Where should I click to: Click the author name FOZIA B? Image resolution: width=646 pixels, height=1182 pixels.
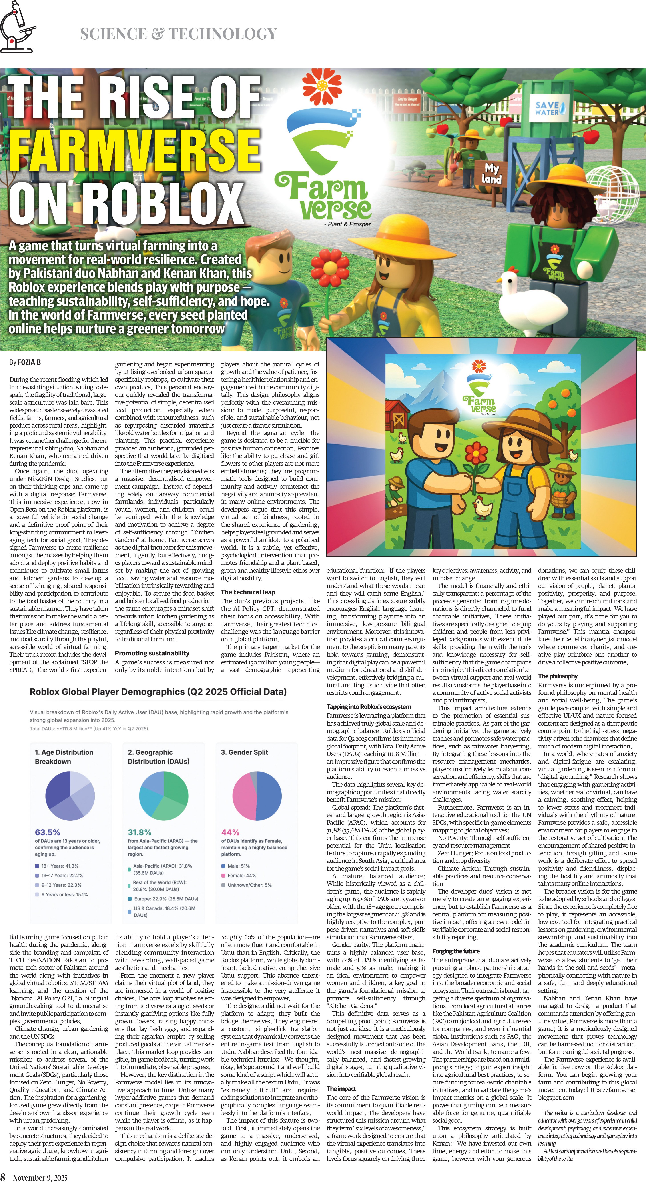coord(29,362)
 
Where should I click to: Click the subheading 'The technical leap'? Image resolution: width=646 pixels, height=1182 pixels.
coord(248,592)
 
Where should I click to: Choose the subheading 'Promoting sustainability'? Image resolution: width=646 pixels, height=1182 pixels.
coord(152,653)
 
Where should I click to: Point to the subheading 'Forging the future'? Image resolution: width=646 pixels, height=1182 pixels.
coord(455,951)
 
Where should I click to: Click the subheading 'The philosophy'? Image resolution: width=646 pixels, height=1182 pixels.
coord(557,676)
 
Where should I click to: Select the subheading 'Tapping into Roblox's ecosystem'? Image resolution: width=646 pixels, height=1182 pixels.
coord(369,707)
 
